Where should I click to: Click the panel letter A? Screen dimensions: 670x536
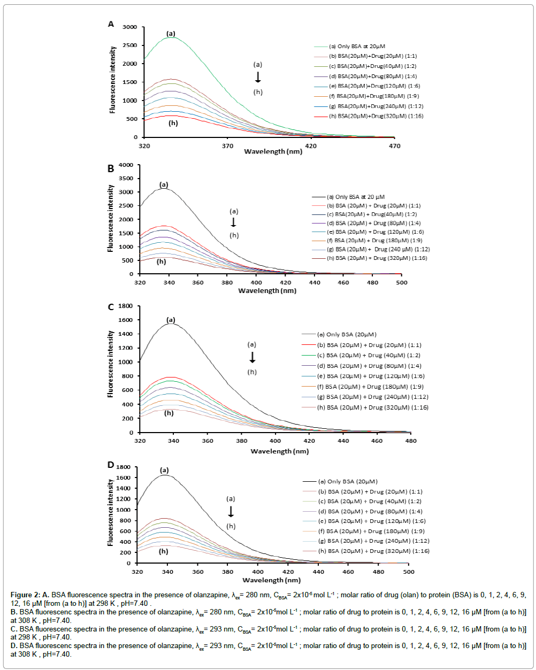tap(111, 24)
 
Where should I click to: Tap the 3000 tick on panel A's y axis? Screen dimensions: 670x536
tap(129, 27)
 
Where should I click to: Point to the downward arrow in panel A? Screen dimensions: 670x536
tap(258, 78)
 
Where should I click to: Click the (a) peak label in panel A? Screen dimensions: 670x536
tap(171, 34)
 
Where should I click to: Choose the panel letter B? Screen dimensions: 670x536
tap(111, 168)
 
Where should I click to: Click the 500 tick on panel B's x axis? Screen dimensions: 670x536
tap(401, 282)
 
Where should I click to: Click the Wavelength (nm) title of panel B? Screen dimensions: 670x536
tap(267, 291)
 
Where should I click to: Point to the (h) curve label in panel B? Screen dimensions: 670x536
tap(161, 261)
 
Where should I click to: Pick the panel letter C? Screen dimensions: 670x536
tap(111, 307)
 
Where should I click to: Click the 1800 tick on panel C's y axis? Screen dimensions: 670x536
tap(127, 306)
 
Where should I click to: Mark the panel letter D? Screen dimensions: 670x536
tap(111, 465)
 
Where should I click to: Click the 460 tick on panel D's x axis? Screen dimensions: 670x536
tap(348, 572)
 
